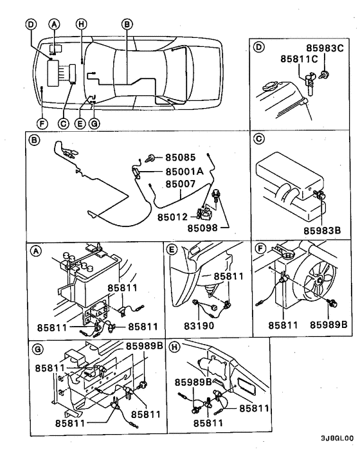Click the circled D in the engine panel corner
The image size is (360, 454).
point(258,47)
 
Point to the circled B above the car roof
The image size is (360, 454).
point(127,24)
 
